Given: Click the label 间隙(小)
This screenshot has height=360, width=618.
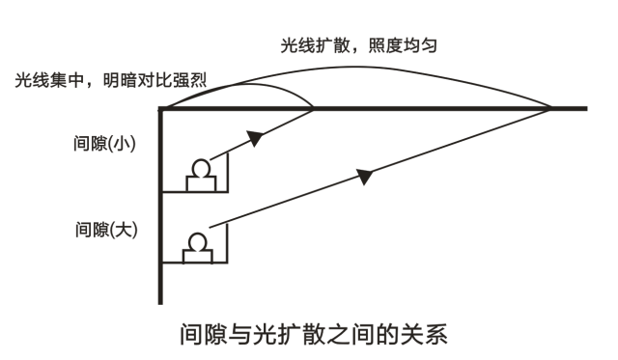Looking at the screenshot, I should coord(105,145).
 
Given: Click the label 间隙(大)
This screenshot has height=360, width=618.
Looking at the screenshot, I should coord(105,230).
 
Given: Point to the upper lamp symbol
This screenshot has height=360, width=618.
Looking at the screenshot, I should coord(201,173).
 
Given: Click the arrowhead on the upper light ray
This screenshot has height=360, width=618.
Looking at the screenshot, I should coord(255,138).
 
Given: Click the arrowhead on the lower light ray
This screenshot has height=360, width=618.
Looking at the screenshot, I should coord(365,175).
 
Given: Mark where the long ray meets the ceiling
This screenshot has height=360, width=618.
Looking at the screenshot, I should coord(549,109).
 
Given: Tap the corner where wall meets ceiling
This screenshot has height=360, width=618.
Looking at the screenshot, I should coord(160,109).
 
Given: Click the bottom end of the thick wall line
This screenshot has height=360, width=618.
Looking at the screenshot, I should coord(159,302).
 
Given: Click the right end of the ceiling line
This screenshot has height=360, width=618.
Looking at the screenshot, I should coord(586,109).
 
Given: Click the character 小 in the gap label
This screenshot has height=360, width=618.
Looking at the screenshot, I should coord(124,145).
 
